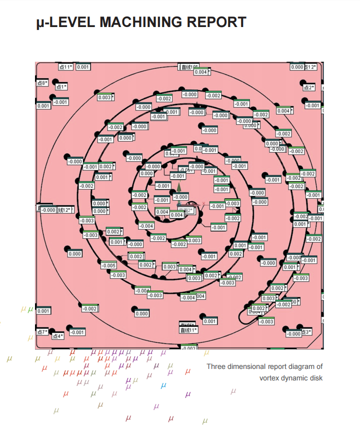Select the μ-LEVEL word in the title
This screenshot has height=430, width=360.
point(65,23)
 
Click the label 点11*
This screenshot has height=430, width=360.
point(65,67)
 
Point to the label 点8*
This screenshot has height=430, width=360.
point(42,83)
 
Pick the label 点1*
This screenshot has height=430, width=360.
point(61,87)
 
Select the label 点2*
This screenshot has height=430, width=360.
point(309,88)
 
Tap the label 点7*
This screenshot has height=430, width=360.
point(42,332)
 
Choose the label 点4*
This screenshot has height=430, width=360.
point(58,336)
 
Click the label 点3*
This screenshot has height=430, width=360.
point(306,332)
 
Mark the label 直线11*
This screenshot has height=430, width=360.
point(189,330)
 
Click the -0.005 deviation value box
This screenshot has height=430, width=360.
point(109,265)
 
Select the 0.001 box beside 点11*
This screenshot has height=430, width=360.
point(83,67)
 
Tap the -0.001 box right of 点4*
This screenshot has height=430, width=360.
point(77,332)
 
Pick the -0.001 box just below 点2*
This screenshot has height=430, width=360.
point(313,106)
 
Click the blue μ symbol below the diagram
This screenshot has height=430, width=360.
point(163,386)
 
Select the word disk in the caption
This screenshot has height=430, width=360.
point(316,378)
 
